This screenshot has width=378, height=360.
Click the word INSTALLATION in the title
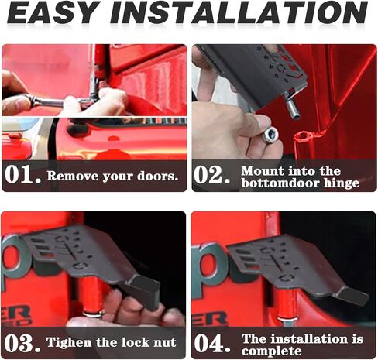click(239, 12)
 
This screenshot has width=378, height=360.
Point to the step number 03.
click(22, 343)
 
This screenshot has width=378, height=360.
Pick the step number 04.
click(212, 343)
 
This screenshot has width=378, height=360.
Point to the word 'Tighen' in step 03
click(69, 343)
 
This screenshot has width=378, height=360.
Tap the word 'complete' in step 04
click(271, 351)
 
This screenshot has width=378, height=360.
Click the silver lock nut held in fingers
click(270, 135)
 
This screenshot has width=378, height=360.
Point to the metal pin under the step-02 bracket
click(292, 106)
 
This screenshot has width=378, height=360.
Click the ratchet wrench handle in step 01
click(48, 102)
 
